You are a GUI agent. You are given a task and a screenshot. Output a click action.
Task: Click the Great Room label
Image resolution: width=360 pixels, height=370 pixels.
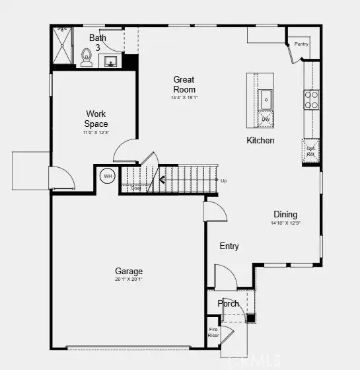[184, 85]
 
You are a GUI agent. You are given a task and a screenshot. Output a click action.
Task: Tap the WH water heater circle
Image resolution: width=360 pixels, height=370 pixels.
[107, 176]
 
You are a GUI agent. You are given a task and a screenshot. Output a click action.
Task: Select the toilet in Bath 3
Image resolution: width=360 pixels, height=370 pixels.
[87, 58]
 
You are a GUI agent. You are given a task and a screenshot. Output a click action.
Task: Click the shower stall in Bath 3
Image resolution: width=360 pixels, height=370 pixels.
[62, 46]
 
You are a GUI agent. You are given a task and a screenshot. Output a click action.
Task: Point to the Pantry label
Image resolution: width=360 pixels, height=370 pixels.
[301, 44]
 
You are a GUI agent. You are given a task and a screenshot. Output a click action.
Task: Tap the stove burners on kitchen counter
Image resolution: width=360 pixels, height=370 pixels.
[311, 100]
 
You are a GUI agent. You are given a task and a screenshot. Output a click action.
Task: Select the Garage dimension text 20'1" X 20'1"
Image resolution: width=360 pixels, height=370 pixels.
[129, 279]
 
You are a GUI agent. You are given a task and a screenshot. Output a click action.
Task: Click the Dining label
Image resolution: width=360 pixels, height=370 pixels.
[285, 215]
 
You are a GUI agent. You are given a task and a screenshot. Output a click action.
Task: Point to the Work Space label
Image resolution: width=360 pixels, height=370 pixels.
[96, 119]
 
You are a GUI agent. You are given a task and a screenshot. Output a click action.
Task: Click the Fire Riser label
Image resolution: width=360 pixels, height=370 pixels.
[213, 332]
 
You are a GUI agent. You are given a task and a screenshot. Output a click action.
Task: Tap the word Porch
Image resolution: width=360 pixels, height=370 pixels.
[229, 304]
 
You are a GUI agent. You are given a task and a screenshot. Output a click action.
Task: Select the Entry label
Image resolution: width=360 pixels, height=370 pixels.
[229, 246]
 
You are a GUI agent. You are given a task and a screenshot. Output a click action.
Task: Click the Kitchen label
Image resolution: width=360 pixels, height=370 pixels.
[260, 141]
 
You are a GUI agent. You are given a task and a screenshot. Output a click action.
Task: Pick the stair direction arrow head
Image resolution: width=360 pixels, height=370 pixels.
[161, 179]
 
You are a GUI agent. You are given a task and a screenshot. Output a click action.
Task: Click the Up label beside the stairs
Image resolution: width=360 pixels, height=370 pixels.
[224, 180]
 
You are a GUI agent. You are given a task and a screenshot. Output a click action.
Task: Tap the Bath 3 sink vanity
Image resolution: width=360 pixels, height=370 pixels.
[111, 61]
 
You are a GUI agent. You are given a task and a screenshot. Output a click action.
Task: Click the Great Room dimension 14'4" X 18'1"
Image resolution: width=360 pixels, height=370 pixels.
[184, 98]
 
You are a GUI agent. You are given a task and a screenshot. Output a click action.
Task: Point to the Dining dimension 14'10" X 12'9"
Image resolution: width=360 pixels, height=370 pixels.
[285, 223]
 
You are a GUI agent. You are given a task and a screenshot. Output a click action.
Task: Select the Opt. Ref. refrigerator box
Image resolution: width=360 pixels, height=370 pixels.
[310, 151]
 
